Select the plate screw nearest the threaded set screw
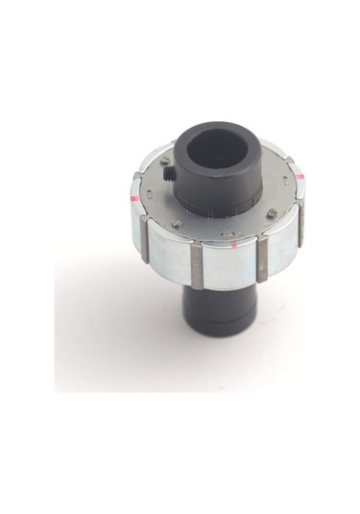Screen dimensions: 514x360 [x=165, y=160]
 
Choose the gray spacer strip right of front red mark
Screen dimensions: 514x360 [x=262, y=262]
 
